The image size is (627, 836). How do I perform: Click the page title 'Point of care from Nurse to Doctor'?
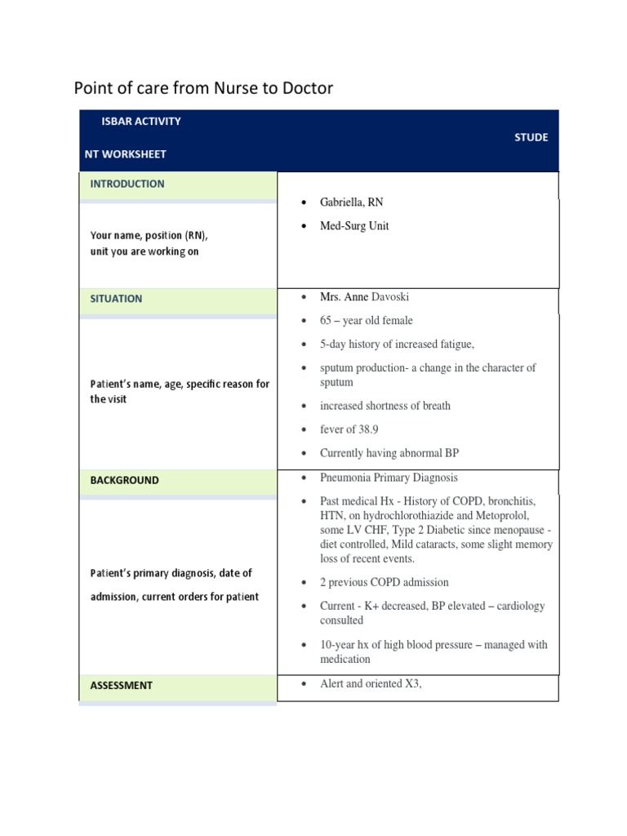pyautogui.click(x=203, y=88)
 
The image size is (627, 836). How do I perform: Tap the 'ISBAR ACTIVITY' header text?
pyautogui.click(x=141, y=122)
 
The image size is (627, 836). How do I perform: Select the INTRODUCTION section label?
pyautogui.click(x=127, y=185)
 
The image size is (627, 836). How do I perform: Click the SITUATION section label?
pyautogui.click(x=116, y=299)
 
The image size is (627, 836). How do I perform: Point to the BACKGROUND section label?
pyautogui.click(x=124, y=481)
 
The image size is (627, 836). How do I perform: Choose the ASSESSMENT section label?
pyautogui.click(x=121, y=686)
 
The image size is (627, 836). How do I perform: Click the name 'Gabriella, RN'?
pyautogui.click(x=351, y=202)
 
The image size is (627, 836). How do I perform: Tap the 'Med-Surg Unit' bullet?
pyautogui.click(x=354, y=226)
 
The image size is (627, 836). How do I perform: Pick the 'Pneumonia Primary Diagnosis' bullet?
pyautogui.click(x=389, y=478)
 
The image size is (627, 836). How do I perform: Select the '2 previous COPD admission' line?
pyautogui.click(x=384, y=583)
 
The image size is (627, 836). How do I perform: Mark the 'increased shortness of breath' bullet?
pyautogui.click(x=385, y=406)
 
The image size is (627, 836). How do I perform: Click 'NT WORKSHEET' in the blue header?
pyautogui.click(x=125, y=154)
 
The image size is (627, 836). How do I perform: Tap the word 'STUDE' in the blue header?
pyautogui.click(x=531, y=137)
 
